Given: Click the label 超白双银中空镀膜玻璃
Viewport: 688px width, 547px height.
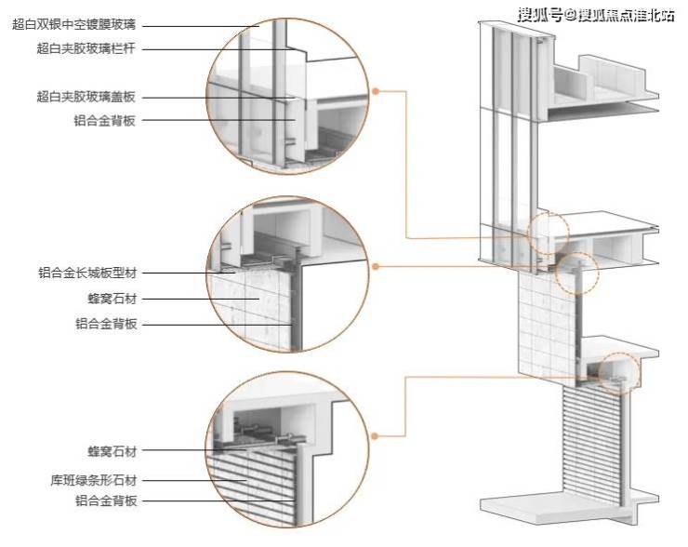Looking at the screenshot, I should (x=75, y=25).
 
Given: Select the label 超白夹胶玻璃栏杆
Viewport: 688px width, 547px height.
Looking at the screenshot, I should (x=86, y=48).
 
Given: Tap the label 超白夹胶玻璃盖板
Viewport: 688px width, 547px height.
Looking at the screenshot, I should (x=86, y=96).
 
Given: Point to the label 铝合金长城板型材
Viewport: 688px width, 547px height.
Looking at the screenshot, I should (x=86, y=273).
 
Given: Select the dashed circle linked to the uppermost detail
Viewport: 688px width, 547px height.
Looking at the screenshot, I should (x=548, y=233).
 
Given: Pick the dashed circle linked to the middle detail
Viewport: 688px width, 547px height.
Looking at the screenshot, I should (x=577, y=273).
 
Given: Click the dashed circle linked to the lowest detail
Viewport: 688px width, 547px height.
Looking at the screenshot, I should (x=619, y=371).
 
